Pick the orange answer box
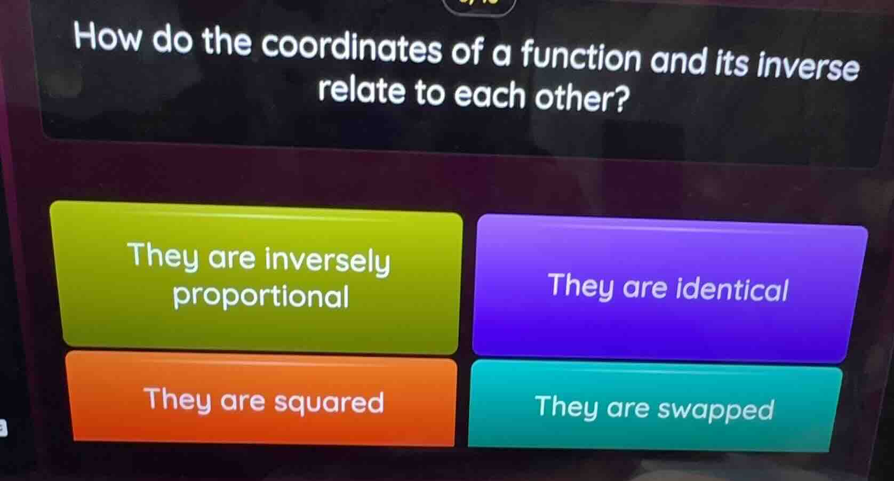tap(261, 400)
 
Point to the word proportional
tap(261, 296)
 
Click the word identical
tap(731, 289)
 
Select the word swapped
tap(715, 410)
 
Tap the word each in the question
tap(489, 95)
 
